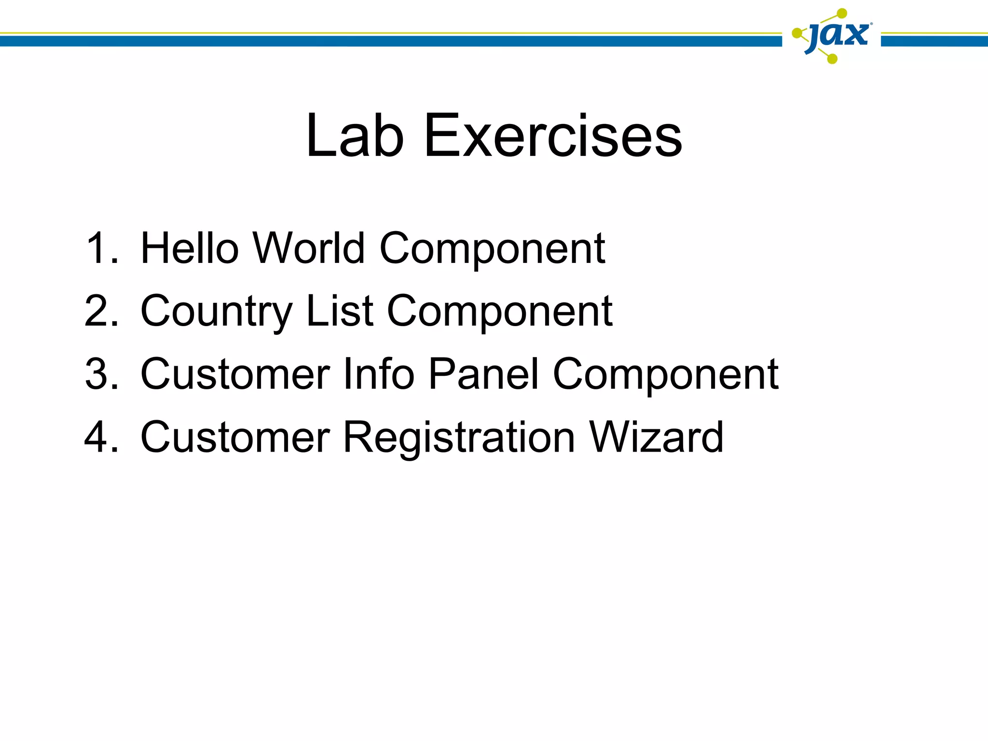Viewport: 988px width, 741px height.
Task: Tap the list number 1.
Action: pos(101,248)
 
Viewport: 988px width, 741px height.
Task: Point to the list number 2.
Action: pos(101,311)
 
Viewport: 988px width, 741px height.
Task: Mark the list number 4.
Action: pos(101,437)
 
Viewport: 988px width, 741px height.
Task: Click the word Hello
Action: pos(190,248)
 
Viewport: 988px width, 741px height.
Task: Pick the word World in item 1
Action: pos(309,248)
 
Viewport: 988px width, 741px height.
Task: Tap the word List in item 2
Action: pos(340,311)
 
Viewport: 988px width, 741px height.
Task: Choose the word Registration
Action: pos(459,438)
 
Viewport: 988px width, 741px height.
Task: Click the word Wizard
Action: pos(656,437)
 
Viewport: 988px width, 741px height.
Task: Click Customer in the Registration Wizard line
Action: pos(235,437)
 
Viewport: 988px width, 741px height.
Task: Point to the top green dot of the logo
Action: pos(842,14)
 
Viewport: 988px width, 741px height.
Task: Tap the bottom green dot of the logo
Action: pos(832,59)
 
